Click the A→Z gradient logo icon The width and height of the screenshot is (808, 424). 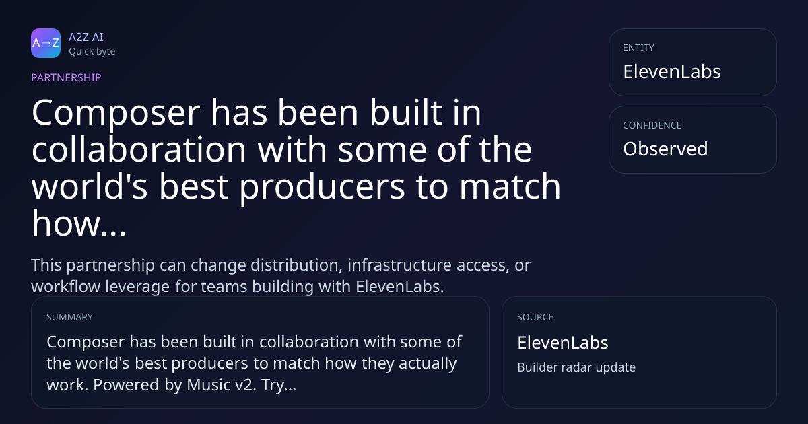tap(46, 43)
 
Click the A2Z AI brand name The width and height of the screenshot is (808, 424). tap(86, 37)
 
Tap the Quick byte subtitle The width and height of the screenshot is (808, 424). tap(92, 52)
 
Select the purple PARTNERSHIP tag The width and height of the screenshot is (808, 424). tap(66, 77)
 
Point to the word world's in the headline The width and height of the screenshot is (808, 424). tap(90, 186)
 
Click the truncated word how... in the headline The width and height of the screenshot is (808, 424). tap(79, 223)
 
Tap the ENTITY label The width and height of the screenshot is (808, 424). tap(638, 48)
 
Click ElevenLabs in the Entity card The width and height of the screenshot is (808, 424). tap(672, 72)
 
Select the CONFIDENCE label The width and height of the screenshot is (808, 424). tap(652, 125)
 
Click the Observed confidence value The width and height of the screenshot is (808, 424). tap(665, 149)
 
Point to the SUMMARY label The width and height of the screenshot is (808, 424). tap(69, 317)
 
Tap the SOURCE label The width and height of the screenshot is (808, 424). tap(535, 317)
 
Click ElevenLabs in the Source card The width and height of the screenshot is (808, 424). tap(563, 343)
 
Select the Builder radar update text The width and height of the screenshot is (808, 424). tap(576, 367)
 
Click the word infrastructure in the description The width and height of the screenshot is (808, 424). tap(399, 265)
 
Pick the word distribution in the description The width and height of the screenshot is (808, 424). tap(296, 265)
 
